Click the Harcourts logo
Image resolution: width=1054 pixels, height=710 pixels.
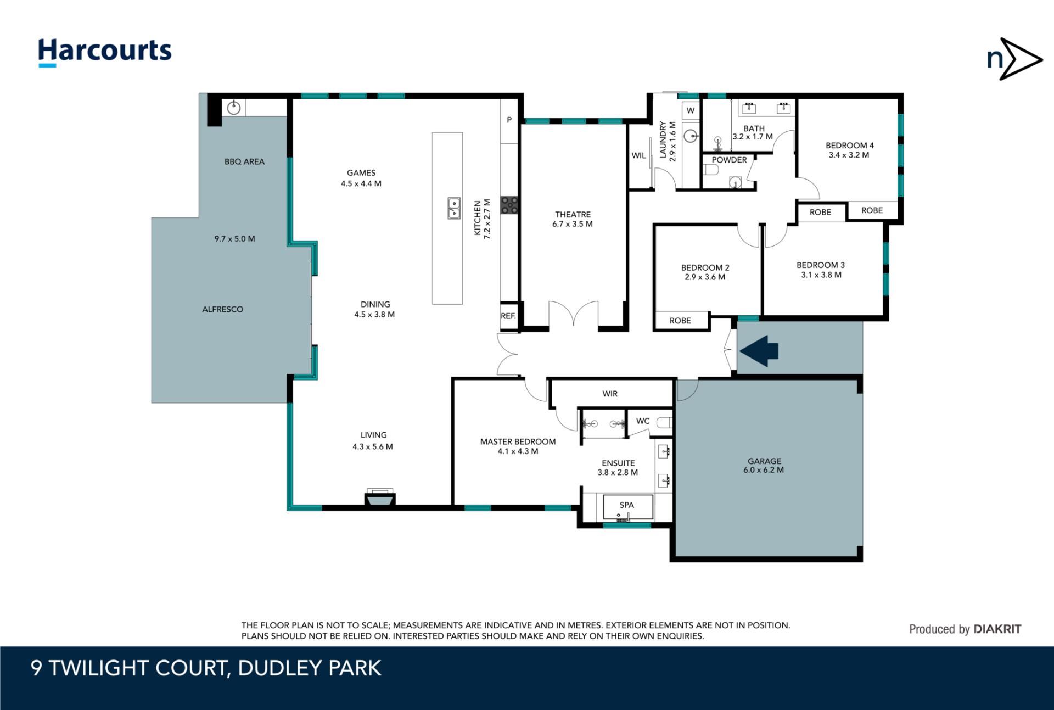pos(104,52)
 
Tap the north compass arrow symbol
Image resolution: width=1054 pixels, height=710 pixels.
pos(1014,59)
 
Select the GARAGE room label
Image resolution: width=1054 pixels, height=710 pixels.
pos(764,461)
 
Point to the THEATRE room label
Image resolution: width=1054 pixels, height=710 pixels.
pos(573,214)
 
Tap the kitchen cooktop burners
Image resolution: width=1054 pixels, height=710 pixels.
pos(509,205)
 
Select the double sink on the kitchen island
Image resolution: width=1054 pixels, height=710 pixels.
pos(453,209)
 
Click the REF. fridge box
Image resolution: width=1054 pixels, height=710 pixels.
pos(509,316)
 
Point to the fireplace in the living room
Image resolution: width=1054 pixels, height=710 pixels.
pos(380,497)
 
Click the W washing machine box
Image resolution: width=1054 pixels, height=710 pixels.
pos(691,110)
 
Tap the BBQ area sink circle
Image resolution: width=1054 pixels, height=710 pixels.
pos(234,107)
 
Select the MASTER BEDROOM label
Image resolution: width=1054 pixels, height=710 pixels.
pos(518,441)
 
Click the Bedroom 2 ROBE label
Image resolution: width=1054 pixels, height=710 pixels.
pos(680,321)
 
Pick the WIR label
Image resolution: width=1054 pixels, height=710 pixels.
pos(610,394)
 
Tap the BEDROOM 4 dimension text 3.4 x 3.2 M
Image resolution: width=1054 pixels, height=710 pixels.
pos(849,155)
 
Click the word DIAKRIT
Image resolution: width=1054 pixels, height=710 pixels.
pos(997,629)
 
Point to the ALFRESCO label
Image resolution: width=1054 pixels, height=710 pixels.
pos(222,309)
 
